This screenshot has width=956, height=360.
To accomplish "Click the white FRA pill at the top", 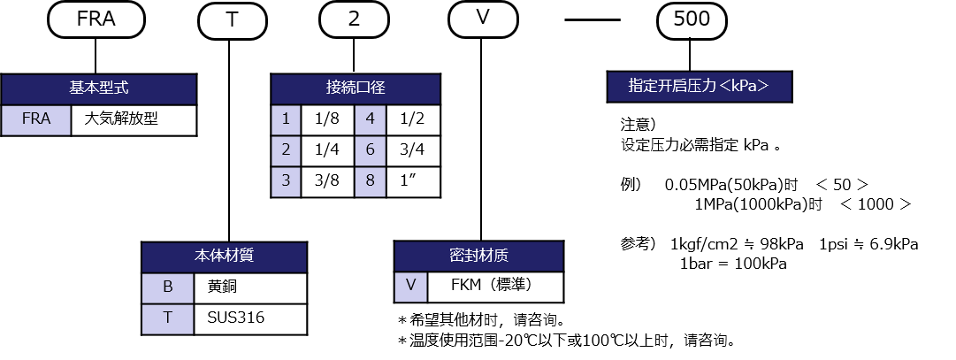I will (96, 20).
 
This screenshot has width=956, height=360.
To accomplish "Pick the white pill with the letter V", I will (483, 20).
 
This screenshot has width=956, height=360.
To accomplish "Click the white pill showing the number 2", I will (354, 20).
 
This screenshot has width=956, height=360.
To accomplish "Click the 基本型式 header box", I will (98, 88).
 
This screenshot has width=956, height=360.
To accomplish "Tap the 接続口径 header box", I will (356, 88).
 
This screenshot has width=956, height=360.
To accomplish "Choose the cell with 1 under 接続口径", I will (286, 119).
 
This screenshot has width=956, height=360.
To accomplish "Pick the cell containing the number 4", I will (370, 119).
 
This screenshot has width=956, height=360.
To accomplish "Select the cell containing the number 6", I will (370, 150).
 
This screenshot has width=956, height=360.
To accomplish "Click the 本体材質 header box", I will (224, 257).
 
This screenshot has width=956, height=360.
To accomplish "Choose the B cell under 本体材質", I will (167, 287).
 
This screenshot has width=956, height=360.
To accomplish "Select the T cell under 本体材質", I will (167, 318).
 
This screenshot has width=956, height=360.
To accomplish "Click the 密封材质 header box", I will (478, 257).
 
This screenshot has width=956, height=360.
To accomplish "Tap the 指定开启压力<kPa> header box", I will (699, 87).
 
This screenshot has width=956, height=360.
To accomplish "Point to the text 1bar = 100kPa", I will (733, 264).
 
